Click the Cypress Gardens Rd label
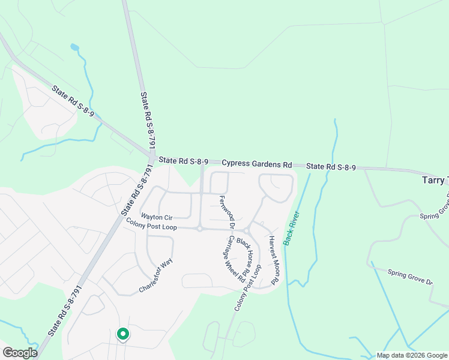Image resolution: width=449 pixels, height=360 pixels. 256,164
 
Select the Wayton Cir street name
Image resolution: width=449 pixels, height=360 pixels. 155,216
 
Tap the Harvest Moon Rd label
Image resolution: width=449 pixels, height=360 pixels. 274,259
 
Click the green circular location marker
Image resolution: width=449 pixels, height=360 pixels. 122,334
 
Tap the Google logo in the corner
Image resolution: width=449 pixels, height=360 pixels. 20,353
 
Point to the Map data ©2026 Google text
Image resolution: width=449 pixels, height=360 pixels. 412,356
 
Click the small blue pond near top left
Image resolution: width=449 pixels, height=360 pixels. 74,47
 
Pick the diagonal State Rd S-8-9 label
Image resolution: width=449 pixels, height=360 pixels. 73,101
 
